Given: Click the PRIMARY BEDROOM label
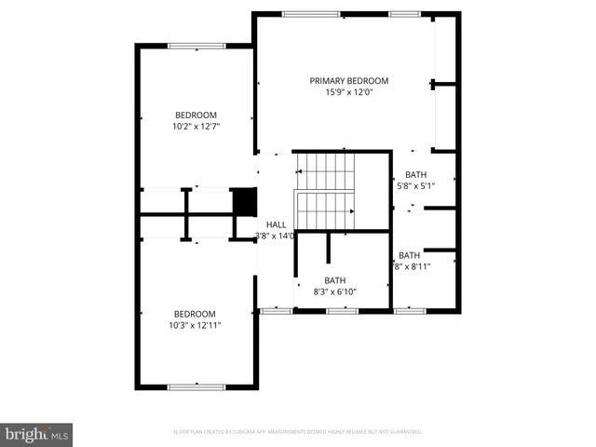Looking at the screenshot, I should click(x=349, y=81).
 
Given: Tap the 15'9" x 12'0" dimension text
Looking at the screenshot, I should click(x=349, y=93).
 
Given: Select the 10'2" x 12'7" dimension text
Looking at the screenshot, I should click(x=196, y=127).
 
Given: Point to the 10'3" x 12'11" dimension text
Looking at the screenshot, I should click(x=196, y=326).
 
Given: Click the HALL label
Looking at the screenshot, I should click(x=277, y=224).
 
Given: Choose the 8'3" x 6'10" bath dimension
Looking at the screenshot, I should click(x=334, y=291).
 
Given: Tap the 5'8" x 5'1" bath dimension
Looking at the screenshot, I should click(x=415, y=185).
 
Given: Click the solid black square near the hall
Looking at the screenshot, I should click(x=243, y=201).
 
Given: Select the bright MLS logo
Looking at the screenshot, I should click(x=36, y=434).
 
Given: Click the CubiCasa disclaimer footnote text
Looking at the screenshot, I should click(x=298, y=432).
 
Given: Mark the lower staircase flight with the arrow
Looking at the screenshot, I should click(x=325, y=210).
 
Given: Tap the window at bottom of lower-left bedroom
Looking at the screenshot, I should click(x=196, y=386).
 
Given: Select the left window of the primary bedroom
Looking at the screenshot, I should click(x=298, y=14).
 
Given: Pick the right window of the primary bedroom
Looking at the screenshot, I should click(x=403, y=14).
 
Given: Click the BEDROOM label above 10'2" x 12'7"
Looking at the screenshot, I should click(x=196, y=115).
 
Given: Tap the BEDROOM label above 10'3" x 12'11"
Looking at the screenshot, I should click(x=196, y=314).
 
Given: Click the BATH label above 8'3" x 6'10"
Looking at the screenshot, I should click(x=334, y=279).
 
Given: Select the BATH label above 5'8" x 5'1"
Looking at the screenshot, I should click(x=415, y=174).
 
